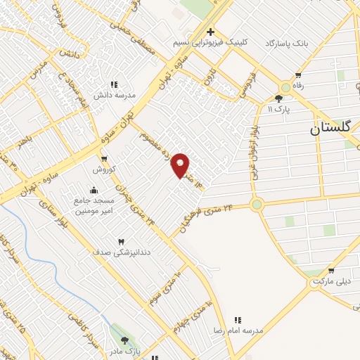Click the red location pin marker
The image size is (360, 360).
coord(181,165)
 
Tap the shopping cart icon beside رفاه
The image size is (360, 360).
coord(298,75)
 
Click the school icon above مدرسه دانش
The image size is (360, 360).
coord(114,84)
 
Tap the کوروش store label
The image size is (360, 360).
coord(103,170)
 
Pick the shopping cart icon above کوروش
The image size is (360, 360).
coord(103,159)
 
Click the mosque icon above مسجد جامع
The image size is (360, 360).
coord(94,190)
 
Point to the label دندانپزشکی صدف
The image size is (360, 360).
coord(120,252)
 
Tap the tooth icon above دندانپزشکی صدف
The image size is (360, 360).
coord(120,241)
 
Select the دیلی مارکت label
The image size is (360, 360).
coord(330,281)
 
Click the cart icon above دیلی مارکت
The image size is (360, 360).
coord(330,271)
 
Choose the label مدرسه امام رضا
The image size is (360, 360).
coord(238,329)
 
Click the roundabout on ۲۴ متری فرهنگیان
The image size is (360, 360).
coord(257,205)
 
